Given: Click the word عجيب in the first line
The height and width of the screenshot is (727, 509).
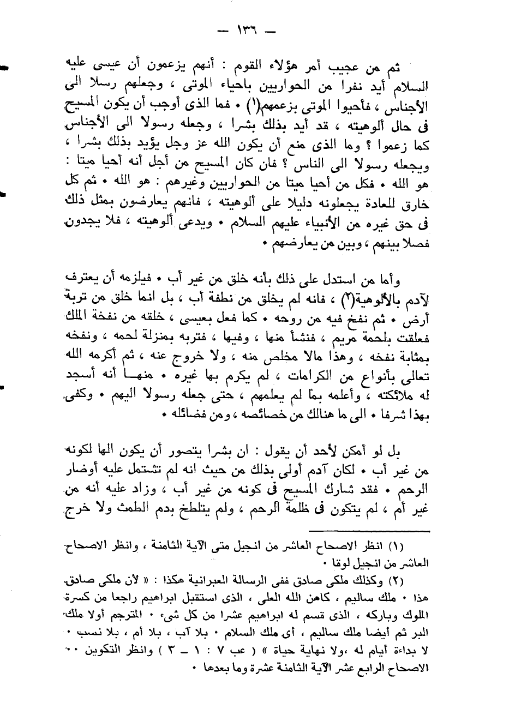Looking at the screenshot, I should pyautogui.click(x=349, y=68).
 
